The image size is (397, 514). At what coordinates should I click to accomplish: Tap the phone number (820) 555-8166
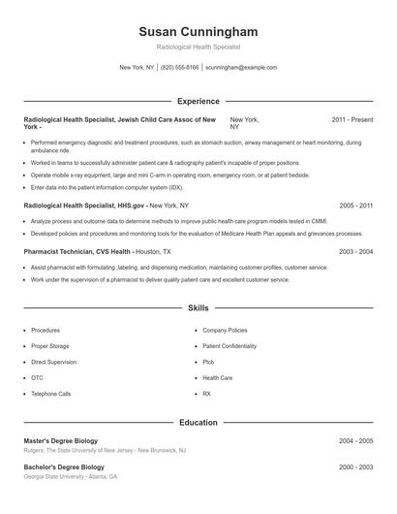180,68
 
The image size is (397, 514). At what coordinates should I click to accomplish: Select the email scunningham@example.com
241,68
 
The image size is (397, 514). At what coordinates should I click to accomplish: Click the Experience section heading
198,101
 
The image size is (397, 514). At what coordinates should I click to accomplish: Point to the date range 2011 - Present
352,119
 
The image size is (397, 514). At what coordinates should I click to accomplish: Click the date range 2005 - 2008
356,207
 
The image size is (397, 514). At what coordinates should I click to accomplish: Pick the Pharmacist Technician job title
64,251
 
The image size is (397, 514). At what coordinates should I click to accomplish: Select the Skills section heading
198,308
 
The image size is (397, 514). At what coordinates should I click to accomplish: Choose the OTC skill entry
38,378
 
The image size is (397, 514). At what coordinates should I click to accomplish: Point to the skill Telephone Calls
51,395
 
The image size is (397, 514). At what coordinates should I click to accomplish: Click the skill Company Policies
226,331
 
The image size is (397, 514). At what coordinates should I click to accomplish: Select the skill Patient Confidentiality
229,346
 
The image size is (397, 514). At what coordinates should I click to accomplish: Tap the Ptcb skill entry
209,362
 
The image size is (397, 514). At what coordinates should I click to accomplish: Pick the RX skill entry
207,395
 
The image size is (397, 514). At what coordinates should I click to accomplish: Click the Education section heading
198,422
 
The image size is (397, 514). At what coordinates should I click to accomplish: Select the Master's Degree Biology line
62,440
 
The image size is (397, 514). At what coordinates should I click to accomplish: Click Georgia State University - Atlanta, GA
70,477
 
